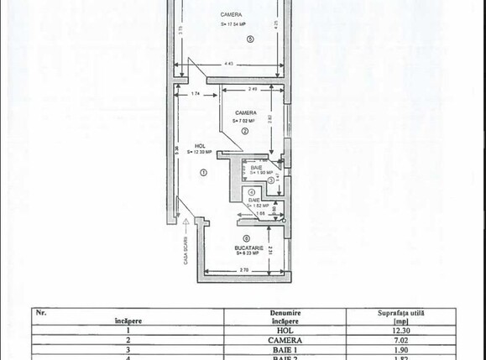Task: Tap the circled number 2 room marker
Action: tap(245, 131)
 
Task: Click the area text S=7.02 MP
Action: tap(245, 120)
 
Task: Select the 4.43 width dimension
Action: tap(229, 65)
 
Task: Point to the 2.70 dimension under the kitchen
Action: tap(244, 270)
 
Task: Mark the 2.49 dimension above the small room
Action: tap(253, 89)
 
